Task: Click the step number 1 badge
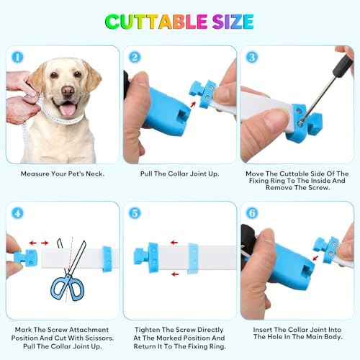(x=17, y=58)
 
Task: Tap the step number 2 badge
(x=135, y=58)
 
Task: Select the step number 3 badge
(x=252, y=58)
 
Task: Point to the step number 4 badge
(x=17, y=213)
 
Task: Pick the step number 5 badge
(x=135, y=213)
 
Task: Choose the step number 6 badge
(x=252, y=213)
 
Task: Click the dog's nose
(x=68, y=91)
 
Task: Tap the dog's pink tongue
(x=68, y=109)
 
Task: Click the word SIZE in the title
(x=233, y=22)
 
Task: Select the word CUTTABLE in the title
(x=156, y=22)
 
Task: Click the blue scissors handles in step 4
(x=68, y=287)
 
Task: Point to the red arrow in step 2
(x=193, y=104)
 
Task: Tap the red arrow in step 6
(x=315, y=258)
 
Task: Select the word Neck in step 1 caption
(x=94, y=174)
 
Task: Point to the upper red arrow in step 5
(x=174, y=243)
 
